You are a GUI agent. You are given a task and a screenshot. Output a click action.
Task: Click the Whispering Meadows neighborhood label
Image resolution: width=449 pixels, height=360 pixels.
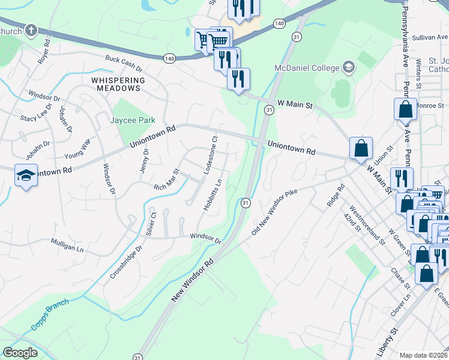(x=118, y=84)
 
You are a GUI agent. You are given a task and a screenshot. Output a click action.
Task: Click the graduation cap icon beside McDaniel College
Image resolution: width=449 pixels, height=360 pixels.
(x=348, y=67)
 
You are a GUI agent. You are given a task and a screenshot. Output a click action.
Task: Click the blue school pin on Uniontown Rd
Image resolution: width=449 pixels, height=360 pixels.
(x=25, y=175)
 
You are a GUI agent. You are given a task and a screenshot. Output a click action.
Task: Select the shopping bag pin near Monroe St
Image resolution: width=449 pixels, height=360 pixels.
(x=405, y=110)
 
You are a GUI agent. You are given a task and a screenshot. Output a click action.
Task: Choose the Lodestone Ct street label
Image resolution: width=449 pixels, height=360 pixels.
(x=210, y=155)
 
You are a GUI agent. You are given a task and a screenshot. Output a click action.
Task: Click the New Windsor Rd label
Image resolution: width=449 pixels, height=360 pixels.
(x=193, y=281)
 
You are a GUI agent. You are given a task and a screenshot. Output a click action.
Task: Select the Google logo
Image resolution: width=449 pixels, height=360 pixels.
(x=20, y=353)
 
